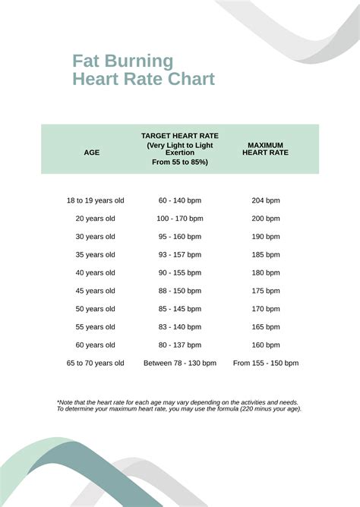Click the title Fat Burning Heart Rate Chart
143,70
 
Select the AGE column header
91,153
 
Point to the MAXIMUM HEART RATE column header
265,149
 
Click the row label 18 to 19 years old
95,200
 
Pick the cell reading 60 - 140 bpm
180,200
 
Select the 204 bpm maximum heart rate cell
266,200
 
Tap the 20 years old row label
95,219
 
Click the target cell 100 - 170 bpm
180,219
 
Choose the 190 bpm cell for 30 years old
266,237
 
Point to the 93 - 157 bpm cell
180,255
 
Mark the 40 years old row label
95,272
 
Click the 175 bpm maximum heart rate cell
266,291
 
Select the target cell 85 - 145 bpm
180,309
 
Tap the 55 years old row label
95,327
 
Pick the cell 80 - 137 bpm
180,345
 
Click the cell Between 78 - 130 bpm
180,364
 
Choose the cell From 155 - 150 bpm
266,364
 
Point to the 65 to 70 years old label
95,364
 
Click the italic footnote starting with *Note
179,405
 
